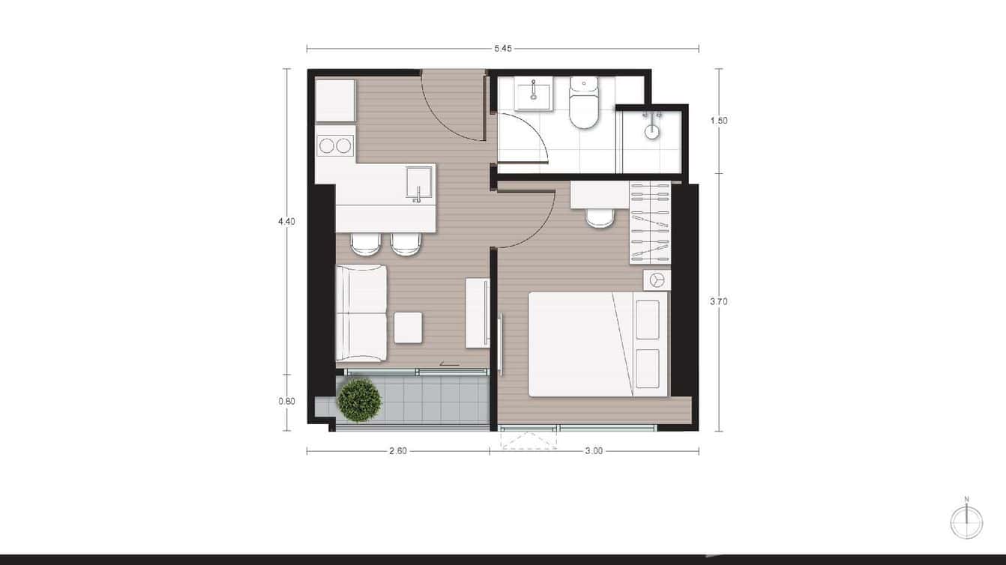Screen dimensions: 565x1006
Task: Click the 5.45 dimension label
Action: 502,49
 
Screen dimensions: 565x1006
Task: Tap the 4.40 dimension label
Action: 286,221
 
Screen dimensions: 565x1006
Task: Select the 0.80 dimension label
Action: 286,401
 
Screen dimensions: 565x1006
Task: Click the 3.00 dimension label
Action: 594,451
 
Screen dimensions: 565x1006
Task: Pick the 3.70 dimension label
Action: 719,302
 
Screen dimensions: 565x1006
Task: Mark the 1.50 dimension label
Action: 719,120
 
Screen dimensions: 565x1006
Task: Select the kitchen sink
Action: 418,183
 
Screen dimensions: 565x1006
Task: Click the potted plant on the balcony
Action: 359,400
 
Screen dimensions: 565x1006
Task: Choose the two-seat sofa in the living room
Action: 361,313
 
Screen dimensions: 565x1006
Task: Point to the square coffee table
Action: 409,327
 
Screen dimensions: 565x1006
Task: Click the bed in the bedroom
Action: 597,344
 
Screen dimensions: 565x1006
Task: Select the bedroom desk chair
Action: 600,217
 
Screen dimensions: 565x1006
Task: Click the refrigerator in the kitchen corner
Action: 335,100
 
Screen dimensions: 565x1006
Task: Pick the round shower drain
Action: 652,132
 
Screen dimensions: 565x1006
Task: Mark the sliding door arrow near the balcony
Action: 449,364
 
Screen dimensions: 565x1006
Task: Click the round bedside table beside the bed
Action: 657,280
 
